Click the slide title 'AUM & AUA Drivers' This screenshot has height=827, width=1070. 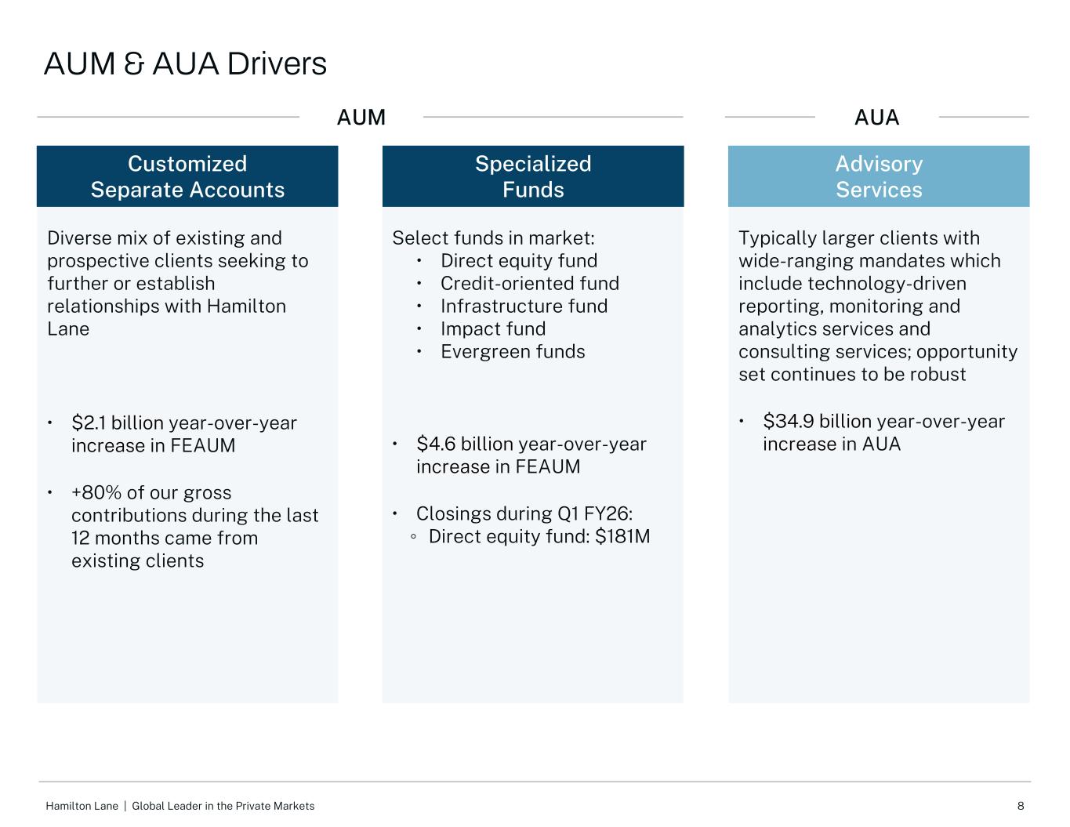click(185, 64)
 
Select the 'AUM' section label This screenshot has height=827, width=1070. click(361, 118)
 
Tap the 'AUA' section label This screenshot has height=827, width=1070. click(877, 118)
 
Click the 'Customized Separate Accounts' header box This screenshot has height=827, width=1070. click(187, 176)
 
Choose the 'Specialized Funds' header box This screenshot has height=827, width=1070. click(533, 176)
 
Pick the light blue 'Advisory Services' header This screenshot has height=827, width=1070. click(879, 176)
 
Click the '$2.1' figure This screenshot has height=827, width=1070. click(89, 423)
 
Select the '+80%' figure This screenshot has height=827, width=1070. click(96, 493)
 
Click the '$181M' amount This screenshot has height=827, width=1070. click(623, 536)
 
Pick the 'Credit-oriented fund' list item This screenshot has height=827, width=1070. click(530, 284)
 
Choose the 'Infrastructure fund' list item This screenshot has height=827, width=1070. click(524, 306)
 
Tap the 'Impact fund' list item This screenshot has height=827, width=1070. click(493, 328)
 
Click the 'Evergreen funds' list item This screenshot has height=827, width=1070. click(513, 351)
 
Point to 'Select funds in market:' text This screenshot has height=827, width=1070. click(493, 238)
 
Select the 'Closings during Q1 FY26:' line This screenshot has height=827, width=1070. click(524, 514)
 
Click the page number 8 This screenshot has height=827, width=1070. click(1021, 806)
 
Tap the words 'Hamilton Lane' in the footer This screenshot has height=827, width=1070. click(82, 806)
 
